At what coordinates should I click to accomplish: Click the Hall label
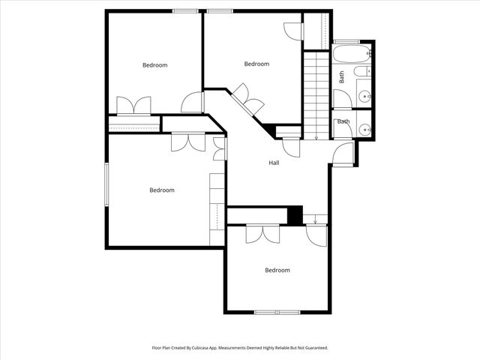pos(274,163)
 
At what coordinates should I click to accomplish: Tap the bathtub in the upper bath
pos(351,54)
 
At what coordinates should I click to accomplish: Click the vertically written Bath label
pos(342,76)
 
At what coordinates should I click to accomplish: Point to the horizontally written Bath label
pos(343,121)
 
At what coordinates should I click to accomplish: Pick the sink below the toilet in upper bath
pos(364,95)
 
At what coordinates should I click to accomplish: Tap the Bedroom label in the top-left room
pos(154,65)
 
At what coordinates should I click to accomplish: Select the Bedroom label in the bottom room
pos(277,270)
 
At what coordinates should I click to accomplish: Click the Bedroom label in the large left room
pos(161,190)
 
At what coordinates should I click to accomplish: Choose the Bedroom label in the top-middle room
pos(256,64)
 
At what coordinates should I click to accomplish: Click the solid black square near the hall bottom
pos(295,214)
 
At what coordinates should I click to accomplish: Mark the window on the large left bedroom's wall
pos(107,183)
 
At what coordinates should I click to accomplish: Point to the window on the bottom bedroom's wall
pos(277,312)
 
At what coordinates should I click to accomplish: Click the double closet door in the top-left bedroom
pos(134,106)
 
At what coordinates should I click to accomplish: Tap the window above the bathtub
pos(346,40)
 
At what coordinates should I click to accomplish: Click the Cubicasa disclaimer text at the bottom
pos(240,348)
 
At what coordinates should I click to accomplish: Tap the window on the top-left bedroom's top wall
pos(185,10)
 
